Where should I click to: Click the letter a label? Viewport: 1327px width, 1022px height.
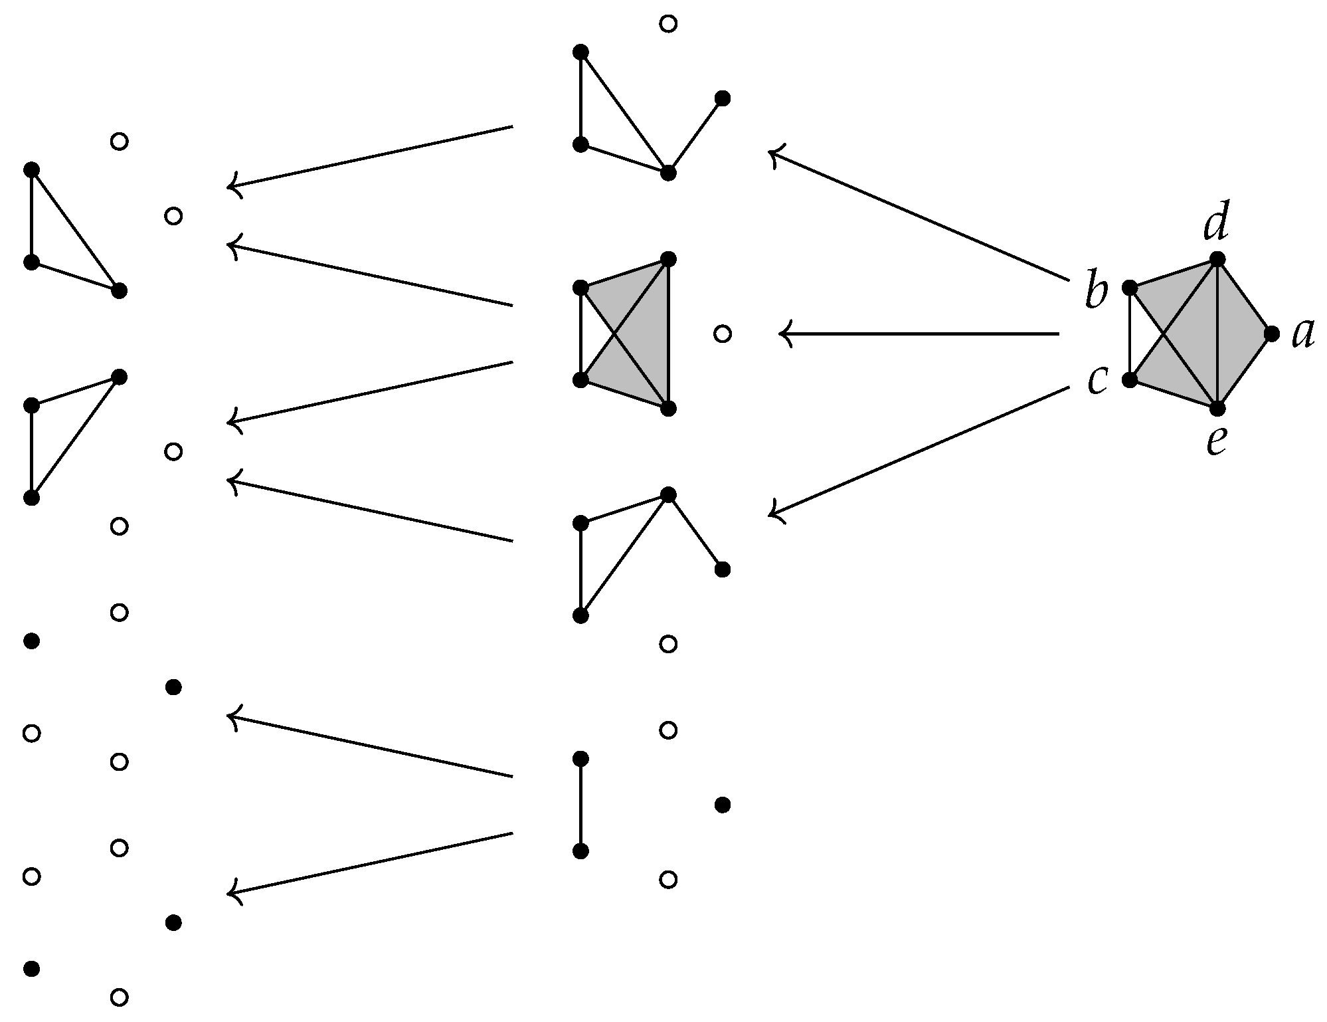click(x=1303, y=334)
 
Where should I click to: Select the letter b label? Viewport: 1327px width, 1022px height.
click(x=1097, y=292)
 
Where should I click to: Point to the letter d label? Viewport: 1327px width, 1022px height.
click(x=1215, y=225)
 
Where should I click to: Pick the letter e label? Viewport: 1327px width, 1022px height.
click(x=1216, y=442)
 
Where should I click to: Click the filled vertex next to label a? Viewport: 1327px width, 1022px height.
click(x=1272, y=334)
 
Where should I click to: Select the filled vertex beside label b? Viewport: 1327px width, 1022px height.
click(x=1130, y=288)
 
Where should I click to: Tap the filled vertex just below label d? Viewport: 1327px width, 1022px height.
click(x=1217, y=259)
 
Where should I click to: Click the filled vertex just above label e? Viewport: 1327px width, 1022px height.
click(x=1217, y=408)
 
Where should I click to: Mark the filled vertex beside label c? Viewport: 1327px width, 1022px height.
click(x=1130, y=380)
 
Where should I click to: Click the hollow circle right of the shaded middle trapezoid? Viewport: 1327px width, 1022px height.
click(x=723, y=334)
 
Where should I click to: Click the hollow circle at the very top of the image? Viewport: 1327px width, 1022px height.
click(x=668, y=24)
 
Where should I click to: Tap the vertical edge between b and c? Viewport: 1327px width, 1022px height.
click(x=1130, y=334)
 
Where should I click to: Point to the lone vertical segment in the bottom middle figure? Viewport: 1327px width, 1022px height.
click(x=580, y=805)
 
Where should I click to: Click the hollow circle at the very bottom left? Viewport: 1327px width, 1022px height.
click(x=119, y=997)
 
